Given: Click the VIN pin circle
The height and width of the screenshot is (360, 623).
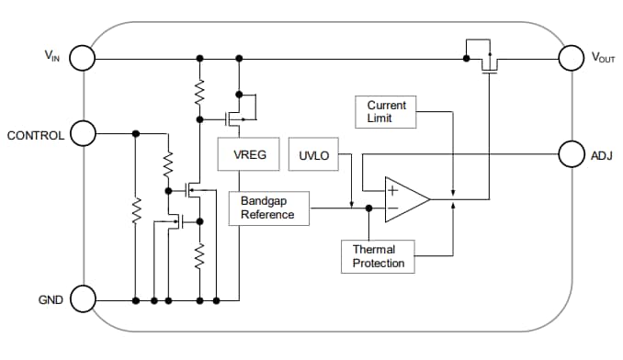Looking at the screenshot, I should click(x=82, y=58).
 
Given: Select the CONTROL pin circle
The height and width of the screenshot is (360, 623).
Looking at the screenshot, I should click(x=82, y=134).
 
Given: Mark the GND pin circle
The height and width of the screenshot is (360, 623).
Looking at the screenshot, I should click(x=82, y=299).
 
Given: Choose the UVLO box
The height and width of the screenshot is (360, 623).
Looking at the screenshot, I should click(x=312, y=155).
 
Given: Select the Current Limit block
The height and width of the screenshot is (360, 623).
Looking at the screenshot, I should click(x=386, y=112).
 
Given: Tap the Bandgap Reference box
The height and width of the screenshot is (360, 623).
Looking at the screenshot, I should click(x=267, y=208).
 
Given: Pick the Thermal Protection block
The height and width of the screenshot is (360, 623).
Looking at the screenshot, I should click(x=378, y=256).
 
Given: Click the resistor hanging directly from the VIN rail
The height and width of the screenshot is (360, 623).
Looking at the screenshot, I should click(x=198, y=90).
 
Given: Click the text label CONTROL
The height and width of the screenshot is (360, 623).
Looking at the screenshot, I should click(x=36, y=135).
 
